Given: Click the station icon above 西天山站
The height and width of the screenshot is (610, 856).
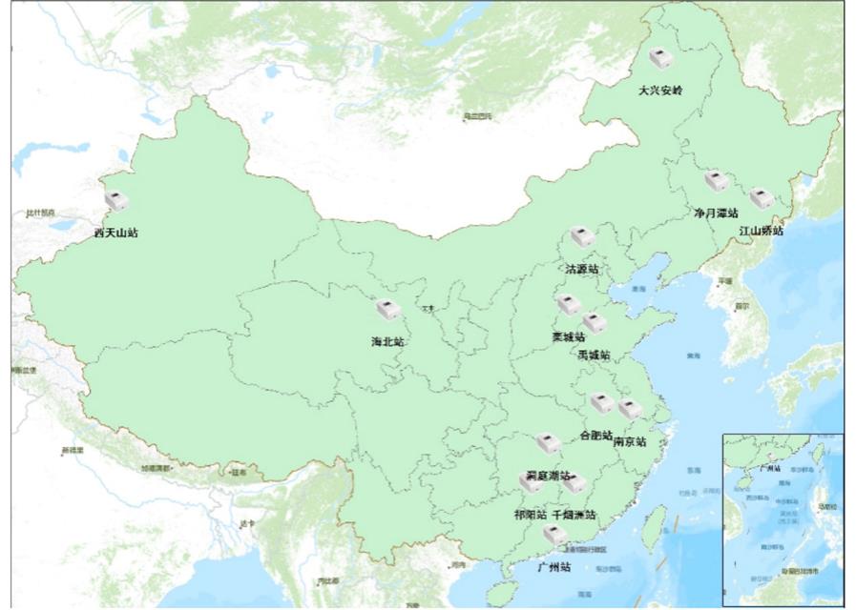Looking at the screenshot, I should point(116,201).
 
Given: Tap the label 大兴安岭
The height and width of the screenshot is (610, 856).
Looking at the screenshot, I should point(661,91).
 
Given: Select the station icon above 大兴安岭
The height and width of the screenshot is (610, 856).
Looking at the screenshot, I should point(660,59).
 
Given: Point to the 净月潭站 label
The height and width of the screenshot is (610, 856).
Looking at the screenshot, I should point(716,213).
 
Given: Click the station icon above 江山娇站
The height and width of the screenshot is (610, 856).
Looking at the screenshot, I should point(761,198).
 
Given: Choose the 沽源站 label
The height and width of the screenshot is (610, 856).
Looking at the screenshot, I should point(582,270).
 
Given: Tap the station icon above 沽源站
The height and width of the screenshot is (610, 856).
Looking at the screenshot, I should point(582,236).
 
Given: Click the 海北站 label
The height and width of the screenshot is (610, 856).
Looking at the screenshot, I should point(387,340).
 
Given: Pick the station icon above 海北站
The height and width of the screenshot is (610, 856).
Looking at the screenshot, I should point(386,310).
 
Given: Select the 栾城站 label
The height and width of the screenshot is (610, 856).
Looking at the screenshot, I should point(569,336).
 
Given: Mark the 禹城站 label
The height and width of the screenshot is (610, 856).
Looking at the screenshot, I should point(594,355).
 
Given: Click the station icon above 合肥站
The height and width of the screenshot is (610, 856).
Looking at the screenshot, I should point(601,403).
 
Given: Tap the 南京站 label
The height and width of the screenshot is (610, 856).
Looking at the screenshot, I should point(630,442).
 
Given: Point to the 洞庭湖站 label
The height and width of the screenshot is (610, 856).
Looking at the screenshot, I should point(548,476).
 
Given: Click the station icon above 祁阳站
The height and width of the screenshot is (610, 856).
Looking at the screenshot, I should point(531,483).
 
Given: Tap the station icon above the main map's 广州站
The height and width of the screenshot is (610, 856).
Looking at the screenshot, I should point(553,535).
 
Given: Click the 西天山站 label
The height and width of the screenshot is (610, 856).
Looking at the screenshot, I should point(115,233).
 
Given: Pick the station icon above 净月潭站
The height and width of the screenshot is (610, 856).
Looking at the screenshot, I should point(716,181).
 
